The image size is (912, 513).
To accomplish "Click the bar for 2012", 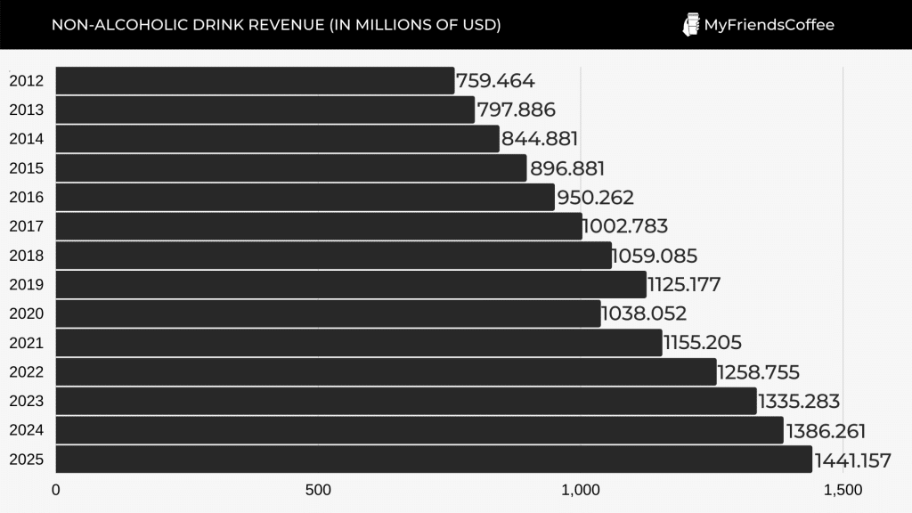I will pos(255,81).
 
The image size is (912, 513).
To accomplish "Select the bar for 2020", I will pos(328,313).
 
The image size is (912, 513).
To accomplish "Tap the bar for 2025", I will pos(434,460).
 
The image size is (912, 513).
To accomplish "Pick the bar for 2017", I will pos(319,226).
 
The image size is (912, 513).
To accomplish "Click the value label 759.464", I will pos(495,81).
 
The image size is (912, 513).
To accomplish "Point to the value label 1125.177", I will pos(684,285).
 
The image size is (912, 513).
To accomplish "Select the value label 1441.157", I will pos(852,460).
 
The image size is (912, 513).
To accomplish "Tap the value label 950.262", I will pos(595,198).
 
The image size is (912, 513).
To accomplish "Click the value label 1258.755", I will pos(759,372).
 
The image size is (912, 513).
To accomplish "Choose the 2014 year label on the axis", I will pos(26,139).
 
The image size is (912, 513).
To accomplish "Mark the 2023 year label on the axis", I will pos(26,401).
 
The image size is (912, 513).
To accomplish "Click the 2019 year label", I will pos(26,285).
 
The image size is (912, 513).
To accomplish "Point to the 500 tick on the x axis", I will pos(318,491).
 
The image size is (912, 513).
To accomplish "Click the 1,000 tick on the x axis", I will pos(581,491).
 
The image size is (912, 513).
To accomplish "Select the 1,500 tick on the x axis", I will pos(843,491).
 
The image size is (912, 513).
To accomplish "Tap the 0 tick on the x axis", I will pos(55,491).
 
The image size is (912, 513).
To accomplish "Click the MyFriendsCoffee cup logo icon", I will pos(690,25).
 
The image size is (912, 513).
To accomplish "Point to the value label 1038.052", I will pos(644,313).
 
